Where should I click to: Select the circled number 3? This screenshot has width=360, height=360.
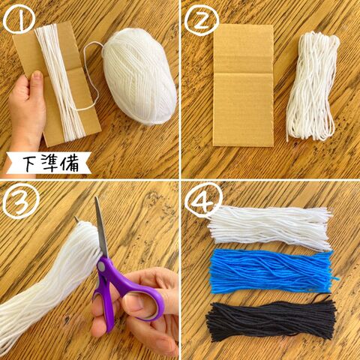coord(21,201)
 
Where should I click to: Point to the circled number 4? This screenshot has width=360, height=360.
coord(203,199)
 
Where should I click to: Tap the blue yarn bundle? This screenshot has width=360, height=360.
coord(272,271)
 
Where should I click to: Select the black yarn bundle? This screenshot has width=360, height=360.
coord(271,319)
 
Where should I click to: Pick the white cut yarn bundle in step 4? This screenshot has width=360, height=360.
coord(270,228)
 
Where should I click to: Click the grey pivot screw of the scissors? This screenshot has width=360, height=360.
coord(101,267)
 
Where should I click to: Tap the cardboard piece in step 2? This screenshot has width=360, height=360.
coord(243,85)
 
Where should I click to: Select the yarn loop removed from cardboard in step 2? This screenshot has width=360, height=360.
coord(313,86)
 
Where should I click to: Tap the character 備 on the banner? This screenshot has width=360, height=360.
coord(70,163)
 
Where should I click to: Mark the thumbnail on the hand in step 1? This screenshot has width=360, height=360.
coord(37,75)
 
